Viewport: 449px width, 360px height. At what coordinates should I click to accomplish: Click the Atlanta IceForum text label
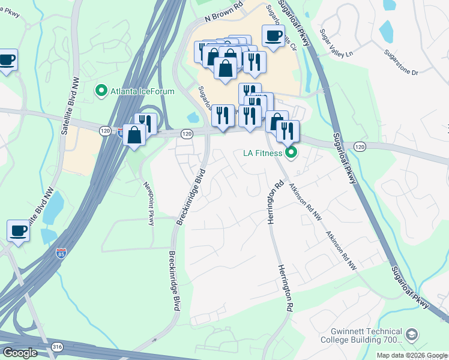tap(142, 91)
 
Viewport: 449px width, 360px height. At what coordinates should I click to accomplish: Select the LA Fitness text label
tap(262, 154)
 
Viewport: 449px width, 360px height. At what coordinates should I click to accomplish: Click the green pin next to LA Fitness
tap(292, 153)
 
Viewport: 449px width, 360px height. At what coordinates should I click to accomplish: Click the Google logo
tap(19, 353)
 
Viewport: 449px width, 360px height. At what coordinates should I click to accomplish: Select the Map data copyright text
tap(412, 355)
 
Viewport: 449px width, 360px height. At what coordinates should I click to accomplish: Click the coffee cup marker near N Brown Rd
tap(273, 37)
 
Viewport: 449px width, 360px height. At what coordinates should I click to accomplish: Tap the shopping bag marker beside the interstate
tap(134, 134)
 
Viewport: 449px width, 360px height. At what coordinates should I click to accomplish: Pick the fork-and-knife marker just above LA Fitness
tap(287, 131)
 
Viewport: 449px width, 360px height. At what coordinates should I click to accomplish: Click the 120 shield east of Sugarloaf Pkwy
tap(359, 146)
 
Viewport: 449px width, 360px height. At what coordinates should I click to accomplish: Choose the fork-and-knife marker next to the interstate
tap(145, 124)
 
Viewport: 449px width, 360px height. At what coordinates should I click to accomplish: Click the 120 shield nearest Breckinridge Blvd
tap(187, 134)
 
